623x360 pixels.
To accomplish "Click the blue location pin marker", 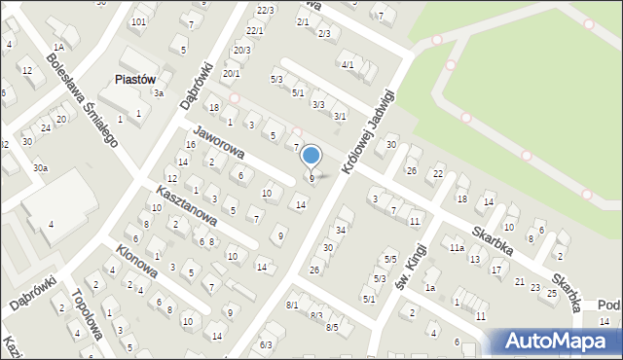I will click(x=311, y=156).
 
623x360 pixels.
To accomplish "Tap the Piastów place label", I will click(x=135, y=81).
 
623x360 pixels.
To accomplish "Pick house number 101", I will click(x=139, y=21).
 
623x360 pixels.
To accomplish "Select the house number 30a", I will click(x=40, y=168).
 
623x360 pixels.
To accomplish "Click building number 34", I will click(x=341, y=230).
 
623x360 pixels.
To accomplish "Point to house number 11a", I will click(x=457, y=248).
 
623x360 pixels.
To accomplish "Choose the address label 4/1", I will click(x=348, y=64).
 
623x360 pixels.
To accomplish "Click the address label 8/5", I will click(x=332, y=327).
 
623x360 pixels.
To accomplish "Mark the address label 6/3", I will click(x=266, y=344).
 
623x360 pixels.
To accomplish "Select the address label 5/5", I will click(x=389, y=259).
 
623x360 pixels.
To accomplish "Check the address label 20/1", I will click(x=231, y=73).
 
